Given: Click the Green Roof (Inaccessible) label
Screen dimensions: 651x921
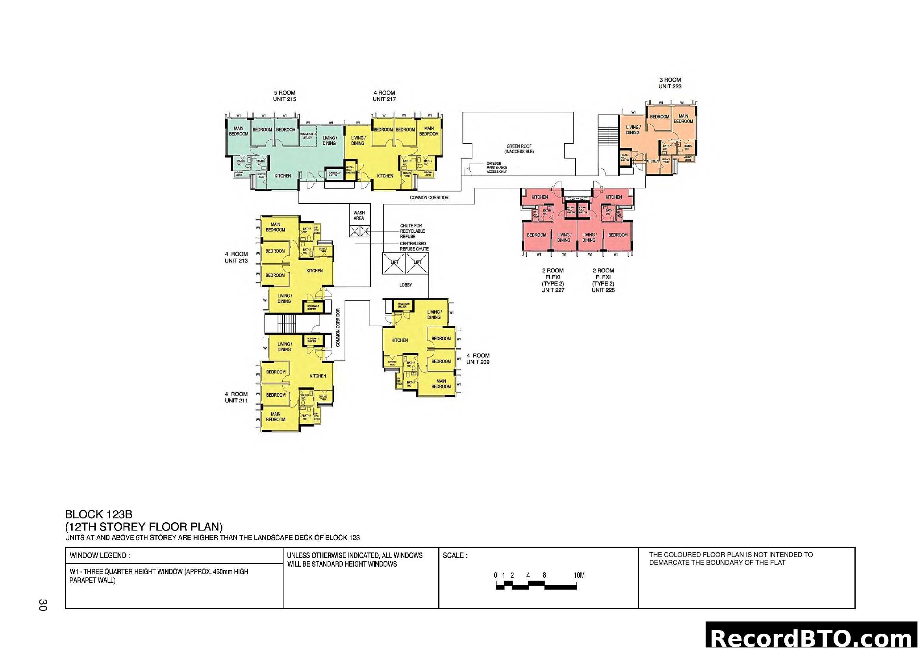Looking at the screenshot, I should (519, 149).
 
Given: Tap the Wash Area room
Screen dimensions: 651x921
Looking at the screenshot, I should (359, 215).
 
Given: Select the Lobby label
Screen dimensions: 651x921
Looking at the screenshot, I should (405, 285).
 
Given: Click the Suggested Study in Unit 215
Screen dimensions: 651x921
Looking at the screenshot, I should (307, 136).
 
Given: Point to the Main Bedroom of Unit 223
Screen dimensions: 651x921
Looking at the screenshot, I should (683, 118).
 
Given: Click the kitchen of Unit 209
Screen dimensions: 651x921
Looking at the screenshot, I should (399, 340).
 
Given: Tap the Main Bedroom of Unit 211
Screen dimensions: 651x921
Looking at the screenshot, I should (276, 416).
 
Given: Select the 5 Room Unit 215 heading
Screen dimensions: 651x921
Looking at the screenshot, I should (284, 96).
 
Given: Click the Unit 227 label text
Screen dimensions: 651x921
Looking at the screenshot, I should (552, 290).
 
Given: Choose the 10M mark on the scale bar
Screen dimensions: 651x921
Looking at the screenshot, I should (579, 575).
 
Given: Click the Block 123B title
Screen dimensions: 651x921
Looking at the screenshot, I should (98, 514).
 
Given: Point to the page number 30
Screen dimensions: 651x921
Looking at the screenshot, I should (43, 605).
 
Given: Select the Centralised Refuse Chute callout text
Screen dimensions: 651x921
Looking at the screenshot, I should (413, 246).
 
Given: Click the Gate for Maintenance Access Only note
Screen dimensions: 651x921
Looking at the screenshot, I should (496, 168).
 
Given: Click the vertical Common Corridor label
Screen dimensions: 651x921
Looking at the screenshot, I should (338, 327).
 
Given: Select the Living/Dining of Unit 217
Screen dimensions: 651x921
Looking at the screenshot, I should (358, 140).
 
